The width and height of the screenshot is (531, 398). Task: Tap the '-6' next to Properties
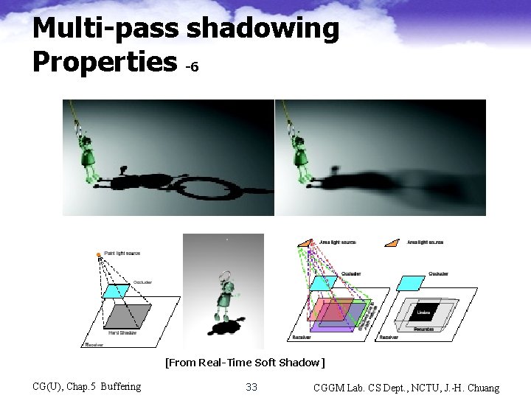(192, 67)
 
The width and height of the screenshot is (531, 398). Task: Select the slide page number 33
(251, 387)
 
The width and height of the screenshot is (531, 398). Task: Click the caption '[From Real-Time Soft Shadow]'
(245, 362)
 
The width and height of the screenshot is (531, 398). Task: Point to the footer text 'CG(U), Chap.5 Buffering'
(87, 386)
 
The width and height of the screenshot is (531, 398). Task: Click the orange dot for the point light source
(98, 254)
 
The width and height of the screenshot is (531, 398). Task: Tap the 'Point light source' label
(122, 253)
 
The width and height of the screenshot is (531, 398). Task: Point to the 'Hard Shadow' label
(121, 332)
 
